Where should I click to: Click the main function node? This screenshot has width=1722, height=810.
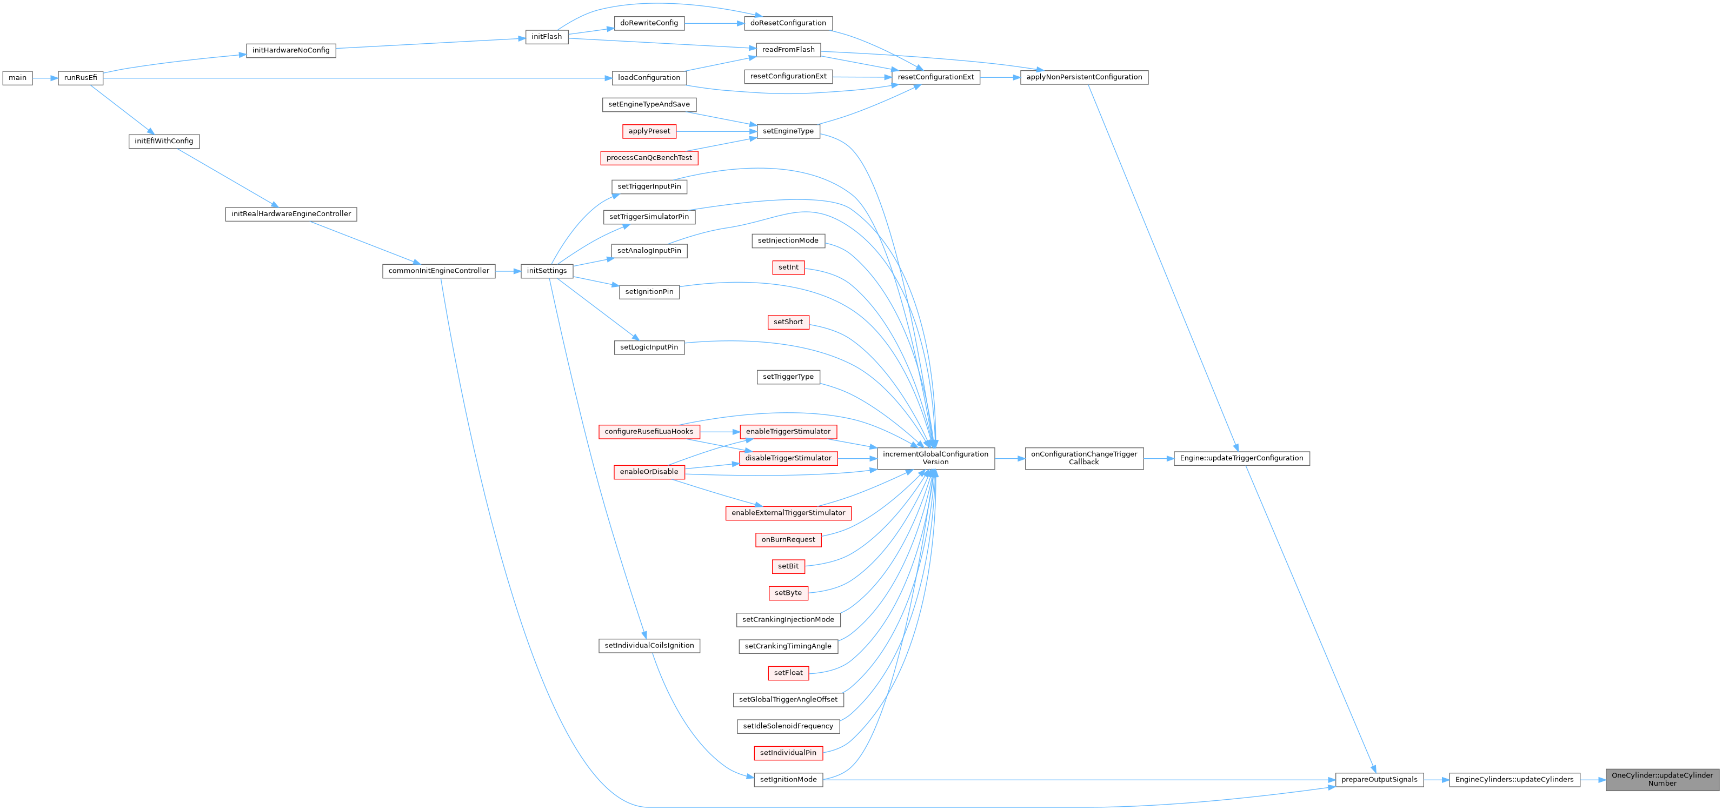17,78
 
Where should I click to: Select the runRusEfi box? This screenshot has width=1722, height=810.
80,78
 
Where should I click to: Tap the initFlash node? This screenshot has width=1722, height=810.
547,37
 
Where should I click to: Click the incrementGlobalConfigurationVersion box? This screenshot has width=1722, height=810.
935,458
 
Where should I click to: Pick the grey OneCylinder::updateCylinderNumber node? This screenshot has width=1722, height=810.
1662,779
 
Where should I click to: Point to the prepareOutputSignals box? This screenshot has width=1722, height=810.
1379,779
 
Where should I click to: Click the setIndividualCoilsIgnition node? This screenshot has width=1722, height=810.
649,646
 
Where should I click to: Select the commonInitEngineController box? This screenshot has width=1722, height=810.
438,271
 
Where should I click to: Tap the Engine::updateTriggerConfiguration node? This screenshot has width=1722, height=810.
1241,458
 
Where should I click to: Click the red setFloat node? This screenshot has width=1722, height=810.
788,673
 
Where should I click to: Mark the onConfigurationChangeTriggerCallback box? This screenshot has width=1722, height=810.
1083,458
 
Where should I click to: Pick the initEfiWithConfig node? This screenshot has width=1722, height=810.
164,142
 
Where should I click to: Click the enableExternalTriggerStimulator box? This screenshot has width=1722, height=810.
788,513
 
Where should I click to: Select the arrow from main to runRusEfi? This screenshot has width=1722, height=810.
45,78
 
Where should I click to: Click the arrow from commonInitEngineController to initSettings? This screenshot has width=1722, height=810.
508,271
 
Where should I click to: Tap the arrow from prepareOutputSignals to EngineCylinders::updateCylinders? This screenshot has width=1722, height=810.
1436,779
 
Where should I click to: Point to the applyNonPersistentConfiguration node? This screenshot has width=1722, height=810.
1083,77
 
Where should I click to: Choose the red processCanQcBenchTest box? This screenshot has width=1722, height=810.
649,158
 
